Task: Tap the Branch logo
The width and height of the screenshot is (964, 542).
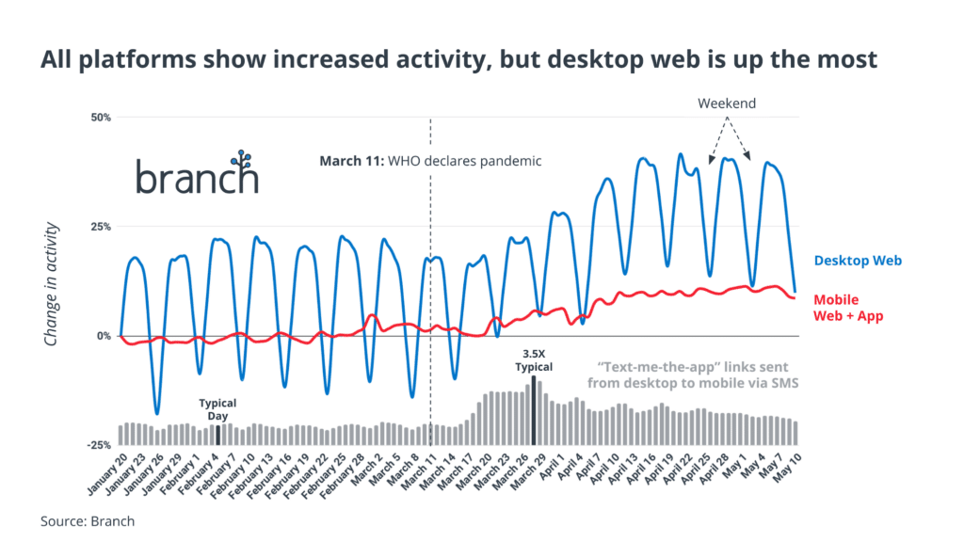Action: [197, 175]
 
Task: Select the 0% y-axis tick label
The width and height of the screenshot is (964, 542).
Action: [104, 336]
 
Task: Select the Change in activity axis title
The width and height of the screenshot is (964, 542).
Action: [54, 284]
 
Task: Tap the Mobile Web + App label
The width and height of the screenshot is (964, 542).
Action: [848, 308]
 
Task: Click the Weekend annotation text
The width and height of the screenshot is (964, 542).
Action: [727, 104]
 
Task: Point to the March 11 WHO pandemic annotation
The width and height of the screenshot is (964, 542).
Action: [430, 161]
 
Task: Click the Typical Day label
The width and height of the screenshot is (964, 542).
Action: [217, 408]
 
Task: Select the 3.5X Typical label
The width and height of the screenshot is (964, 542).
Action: [533, 361]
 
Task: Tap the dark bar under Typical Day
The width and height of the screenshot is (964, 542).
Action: [218, 435]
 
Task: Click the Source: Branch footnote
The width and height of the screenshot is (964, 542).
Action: [88, 520]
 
